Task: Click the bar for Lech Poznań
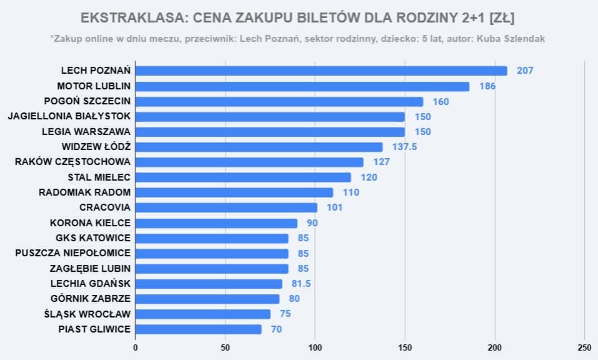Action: pos(321,71)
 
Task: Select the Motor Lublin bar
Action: pos(302,86)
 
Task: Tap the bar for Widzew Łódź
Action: pos(259,147)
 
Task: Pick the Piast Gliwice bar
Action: pos(198,329)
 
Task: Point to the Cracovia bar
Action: pos(226,207)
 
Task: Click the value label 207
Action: pos(525,71)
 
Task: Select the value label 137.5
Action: pos(407,147)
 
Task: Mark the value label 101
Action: pos(334,207)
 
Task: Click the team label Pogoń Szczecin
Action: pos(87,101)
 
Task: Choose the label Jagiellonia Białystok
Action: pos(69,116)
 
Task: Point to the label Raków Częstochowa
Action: pos(72,162)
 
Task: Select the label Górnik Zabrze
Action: pos(90,299)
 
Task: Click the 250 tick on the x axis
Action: pos(584,347)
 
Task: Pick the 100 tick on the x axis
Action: pos(315,347)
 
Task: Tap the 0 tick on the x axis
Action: pos(136,347)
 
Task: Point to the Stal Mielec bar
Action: pos(243,177)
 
